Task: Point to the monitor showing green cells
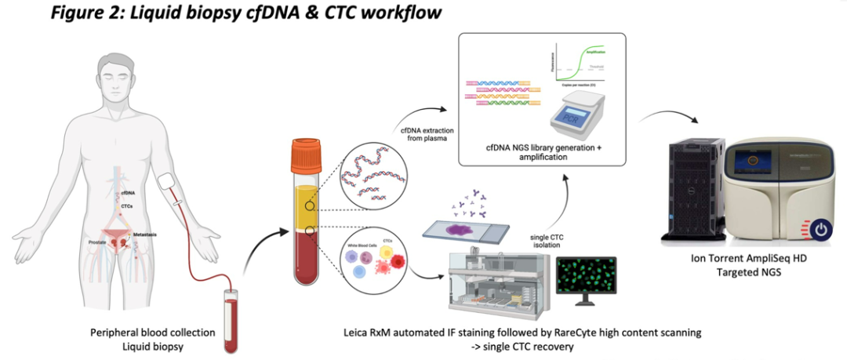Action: click(x=585, y=278)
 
